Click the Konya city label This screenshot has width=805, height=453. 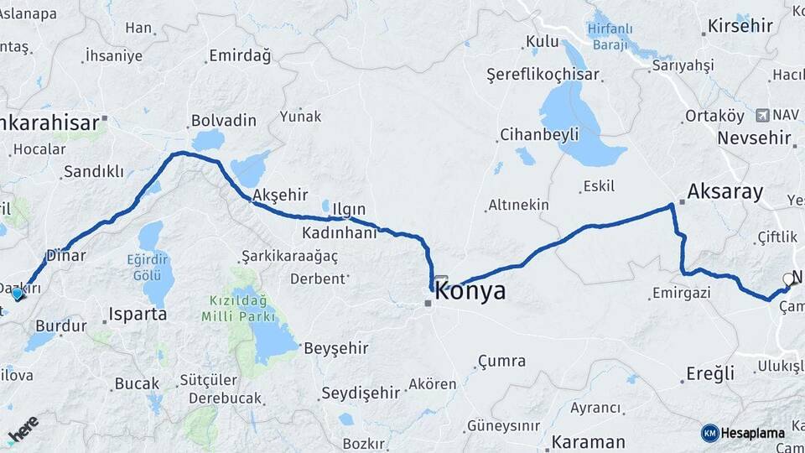click(x=471, y=292)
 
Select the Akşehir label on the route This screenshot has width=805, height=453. click(x=280, y=195)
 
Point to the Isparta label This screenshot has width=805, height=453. click(x=138, y=315)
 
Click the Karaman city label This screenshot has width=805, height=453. click(x=588, y=441)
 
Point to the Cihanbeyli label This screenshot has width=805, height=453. click(x=539, y=134)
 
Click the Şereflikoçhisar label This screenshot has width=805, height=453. click(x=543, y=75)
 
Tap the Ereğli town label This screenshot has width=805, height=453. click(x=710, y=372)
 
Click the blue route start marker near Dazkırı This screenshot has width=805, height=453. click(x=17, y=294)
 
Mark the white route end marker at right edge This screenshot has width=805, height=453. click(x=788, y=279)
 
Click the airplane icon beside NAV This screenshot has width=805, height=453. click(x=761, y=115)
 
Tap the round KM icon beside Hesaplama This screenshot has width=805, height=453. click(x=709, y=433)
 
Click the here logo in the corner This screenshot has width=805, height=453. click(x=23, y=429)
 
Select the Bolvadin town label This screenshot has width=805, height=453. click(x=223, y=121)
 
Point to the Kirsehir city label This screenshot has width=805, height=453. click(x=740, y=25)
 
